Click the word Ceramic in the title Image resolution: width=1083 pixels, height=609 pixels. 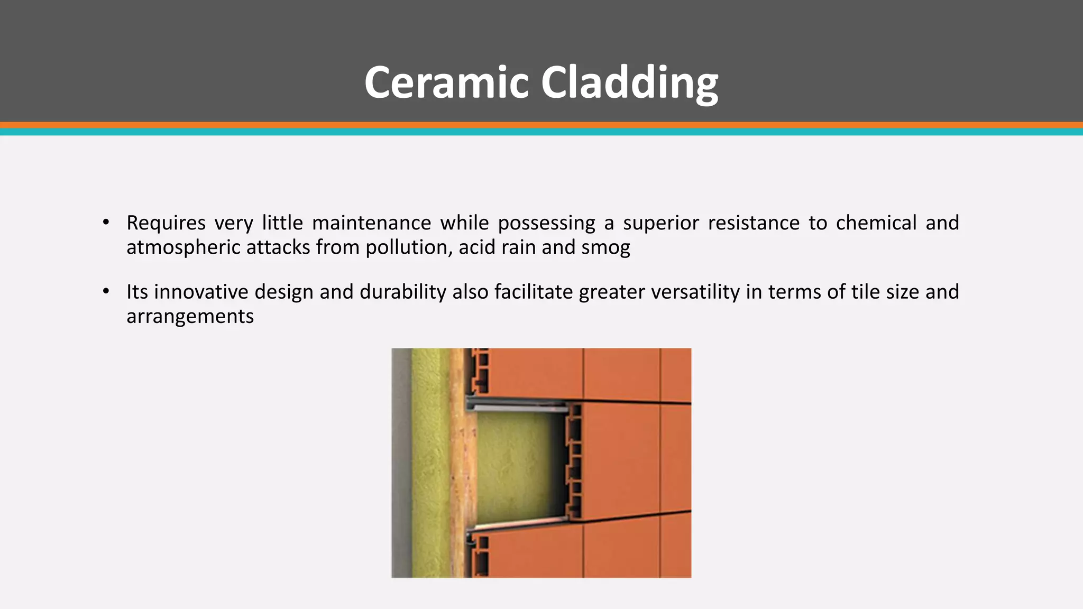[446, 82]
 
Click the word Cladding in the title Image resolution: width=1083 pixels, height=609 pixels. [629, 82]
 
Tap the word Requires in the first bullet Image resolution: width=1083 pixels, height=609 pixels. [166, 223]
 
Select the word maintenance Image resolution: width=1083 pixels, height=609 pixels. [371, 223]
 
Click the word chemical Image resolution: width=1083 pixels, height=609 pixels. [876, 223]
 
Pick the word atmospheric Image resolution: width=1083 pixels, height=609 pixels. [183, 247]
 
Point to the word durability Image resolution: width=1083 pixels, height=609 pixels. [403, 292]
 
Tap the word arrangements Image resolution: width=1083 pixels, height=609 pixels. [190, 316]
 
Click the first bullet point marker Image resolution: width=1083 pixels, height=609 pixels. [106, 223]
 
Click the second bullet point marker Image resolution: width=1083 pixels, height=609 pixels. [106, 291]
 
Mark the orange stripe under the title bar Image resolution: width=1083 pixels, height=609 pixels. [541, 125]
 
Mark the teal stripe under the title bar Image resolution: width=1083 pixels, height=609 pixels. [541, 132]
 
